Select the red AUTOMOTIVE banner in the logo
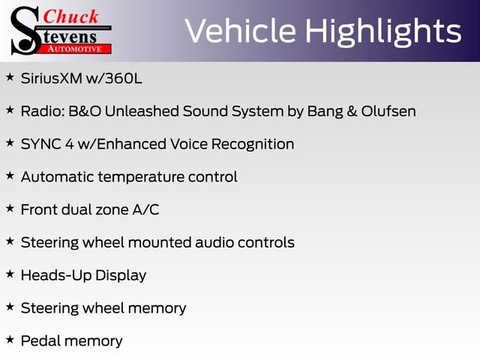point(75,48)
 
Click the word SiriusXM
point(51,79)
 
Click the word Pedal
point(40,341)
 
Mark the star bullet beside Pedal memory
point(10,340)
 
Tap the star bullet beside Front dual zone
point(10,208)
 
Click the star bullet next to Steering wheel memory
point(10,307)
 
